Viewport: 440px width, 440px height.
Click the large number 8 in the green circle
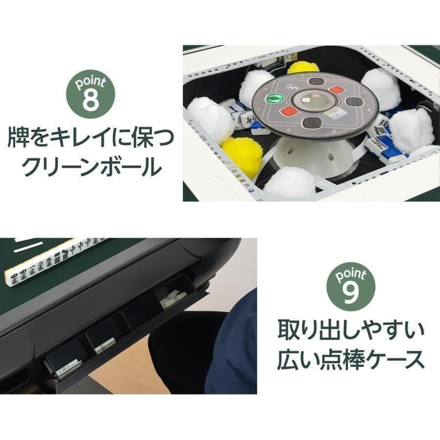coord(90,99)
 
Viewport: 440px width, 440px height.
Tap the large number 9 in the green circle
coord(352,293)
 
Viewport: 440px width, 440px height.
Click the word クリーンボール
coord(91,168)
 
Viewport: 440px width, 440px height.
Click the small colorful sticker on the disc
coord(335,113)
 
